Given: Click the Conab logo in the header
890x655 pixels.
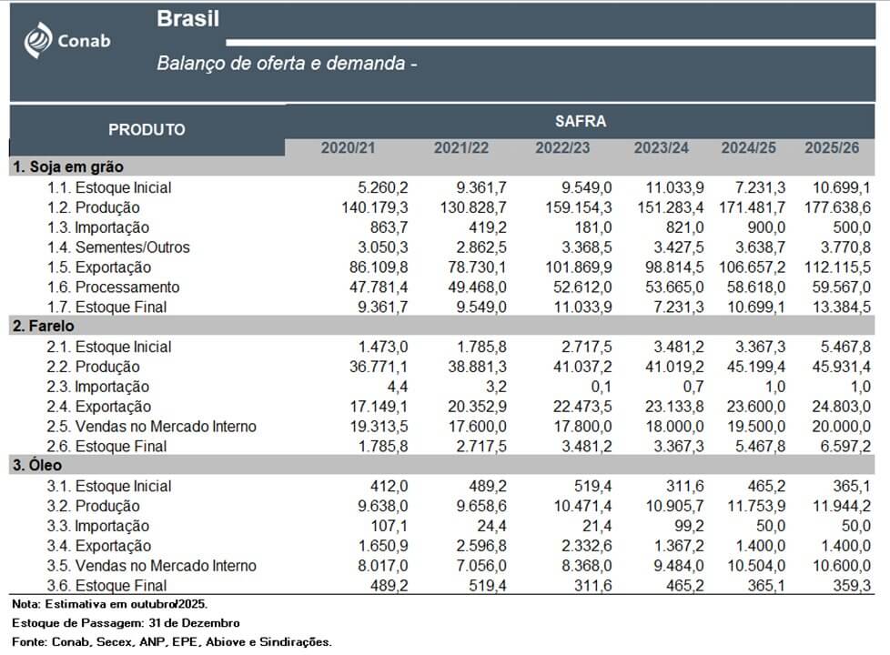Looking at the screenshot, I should coord(66,40).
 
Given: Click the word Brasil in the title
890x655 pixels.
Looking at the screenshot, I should coord(187,19).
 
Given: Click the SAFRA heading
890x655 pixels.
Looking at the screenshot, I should coord(580,121).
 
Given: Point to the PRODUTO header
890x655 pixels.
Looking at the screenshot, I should coord(147,130).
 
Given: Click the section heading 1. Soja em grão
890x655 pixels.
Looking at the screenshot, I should coord(68,167).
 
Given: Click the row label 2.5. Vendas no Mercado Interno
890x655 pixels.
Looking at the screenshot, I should coord(152,427).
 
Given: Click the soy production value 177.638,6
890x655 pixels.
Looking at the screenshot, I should coord(834,207).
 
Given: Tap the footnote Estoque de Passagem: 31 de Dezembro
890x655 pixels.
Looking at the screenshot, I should coord(126,623).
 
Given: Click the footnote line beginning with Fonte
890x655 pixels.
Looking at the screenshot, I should coord(171,642).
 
